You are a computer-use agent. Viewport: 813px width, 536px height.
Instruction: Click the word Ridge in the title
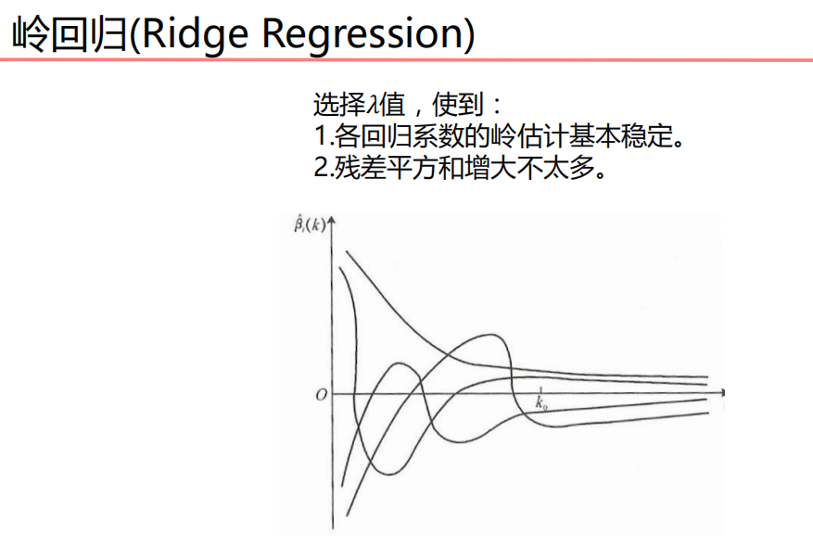click(x=197, y=34)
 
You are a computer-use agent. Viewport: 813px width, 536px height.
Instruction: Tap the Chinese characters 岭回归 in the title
click(x=66, y=34)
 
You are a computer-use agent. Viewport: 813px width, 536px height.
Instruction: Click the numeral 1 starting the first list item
click(x=321, y=136)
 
